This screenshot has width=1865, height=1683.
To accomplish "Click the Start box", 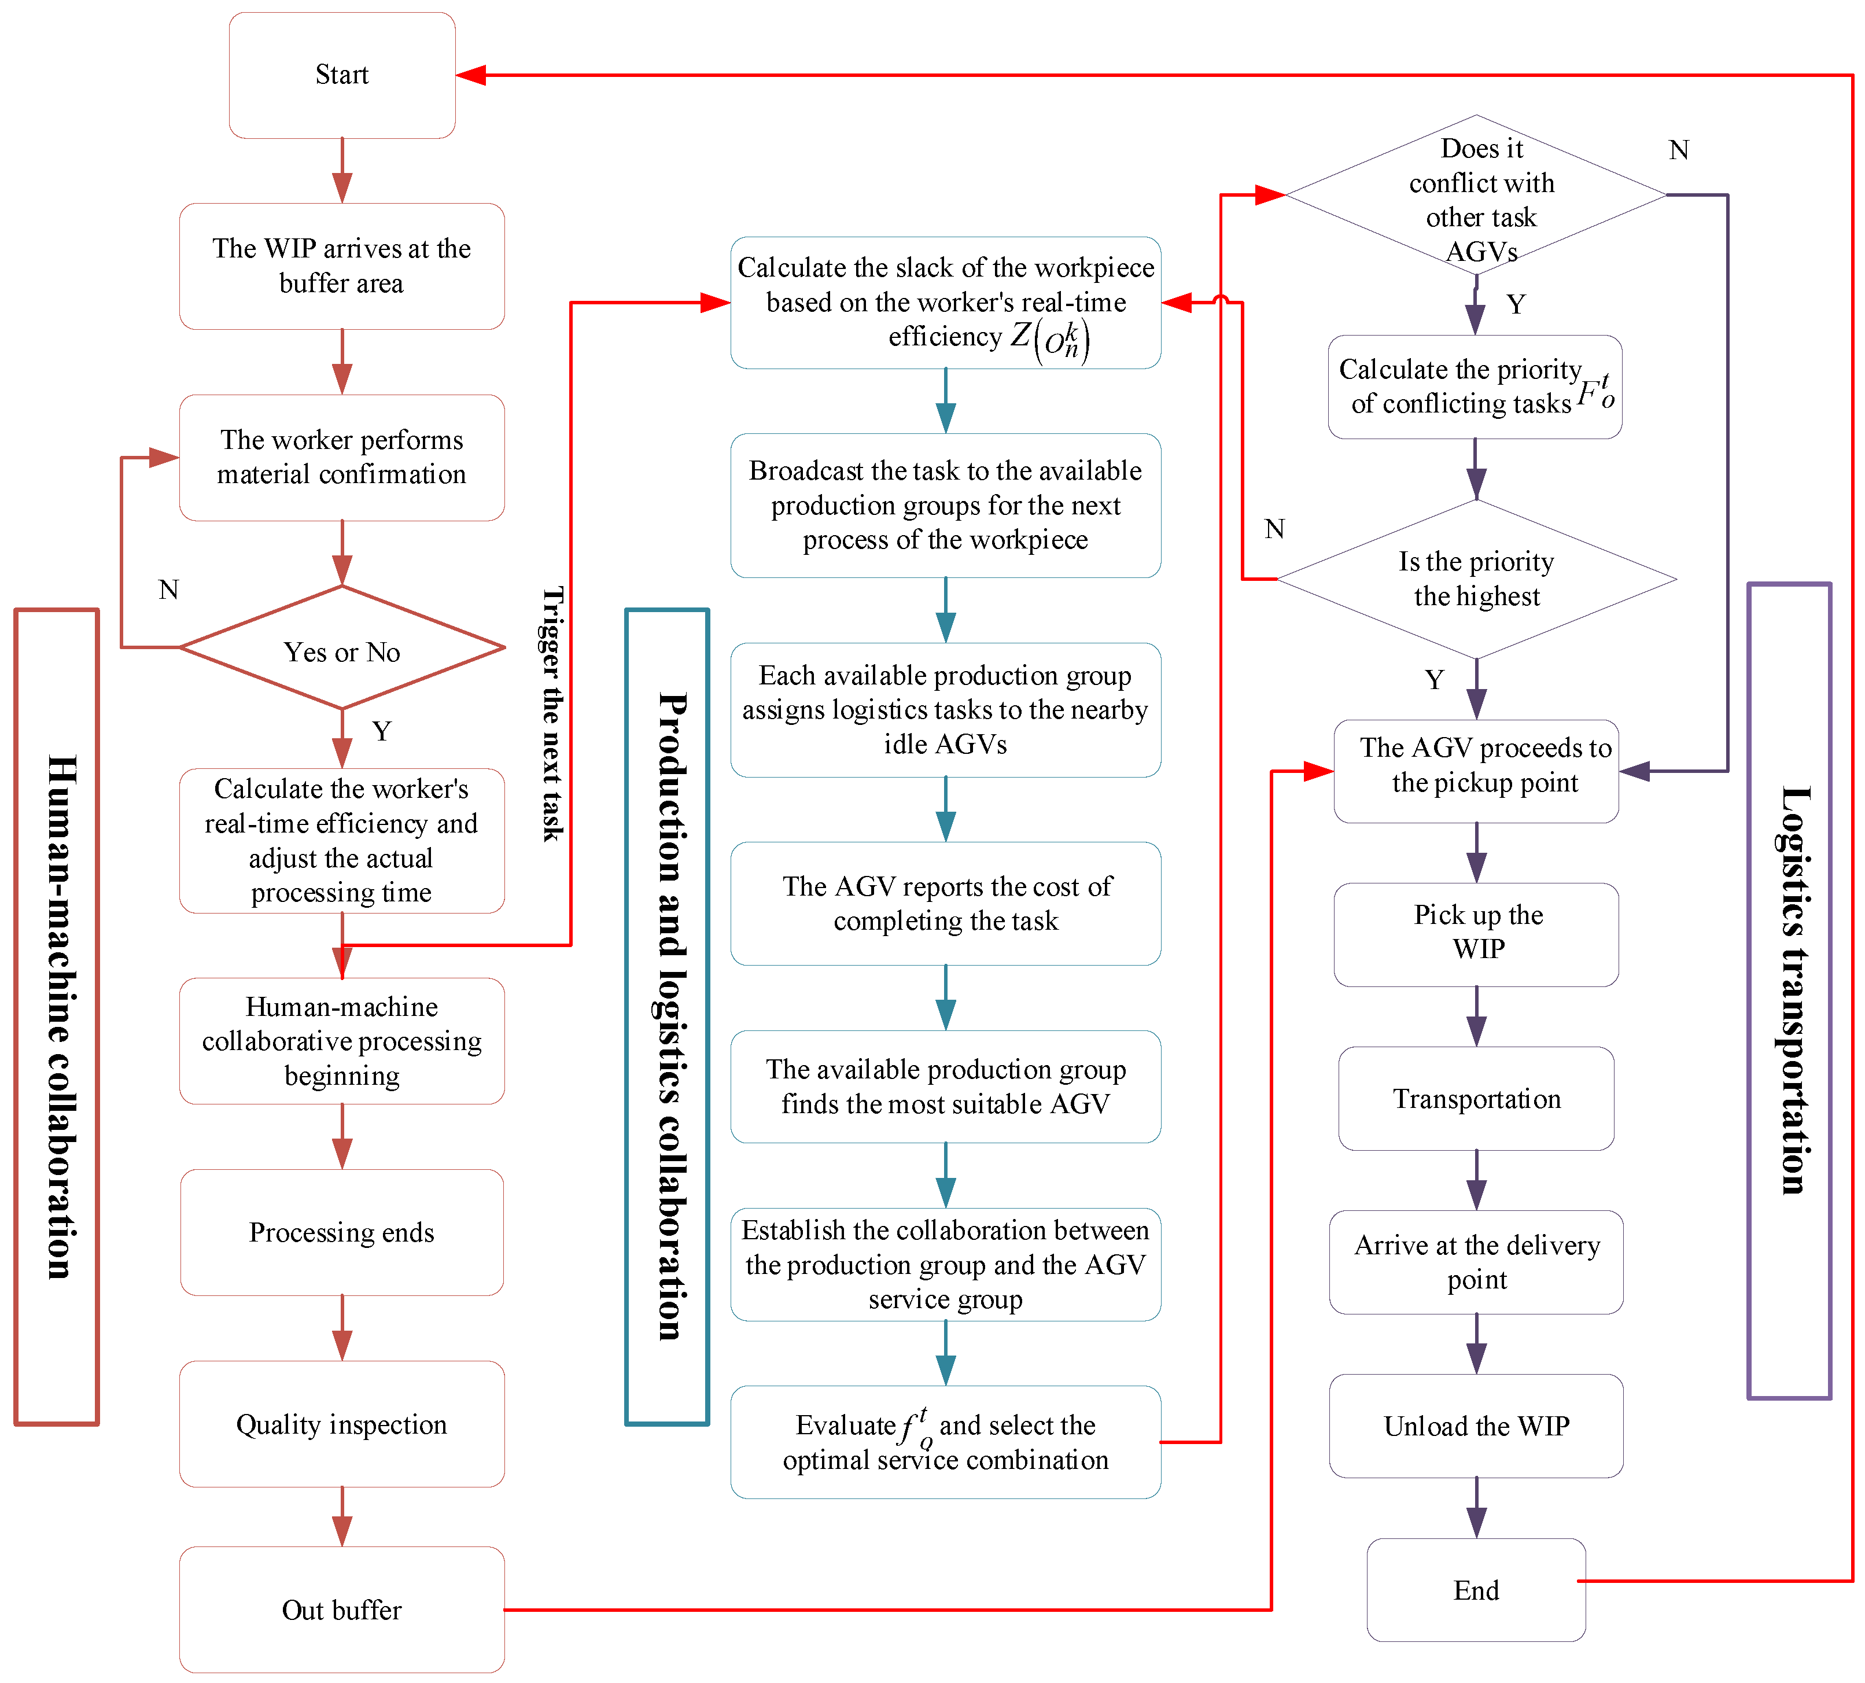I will pos(341,75).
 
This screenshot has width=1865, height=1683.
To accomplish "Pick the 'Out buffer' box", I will pos(341,1610).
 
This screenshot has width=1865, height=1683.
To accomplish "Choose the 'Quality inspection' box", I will pos(341,1424).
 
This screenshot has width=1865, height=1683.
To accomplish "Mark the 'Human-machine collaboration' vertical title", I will pos(57,1017).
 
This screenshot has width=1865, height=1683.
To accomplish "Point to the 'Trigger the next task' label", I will pos(552,714).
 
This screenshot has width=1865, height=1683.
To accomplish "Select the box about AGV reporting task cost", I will pos(945,904).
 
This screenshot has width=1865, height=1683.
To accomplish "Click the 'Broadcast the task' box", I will pos(945,505).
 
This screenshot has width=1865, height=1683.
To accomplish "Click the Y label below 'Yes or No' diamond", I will pos(381,731).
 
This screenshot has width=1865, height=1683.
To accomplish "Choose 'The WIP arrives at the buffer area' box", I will pos(341,266).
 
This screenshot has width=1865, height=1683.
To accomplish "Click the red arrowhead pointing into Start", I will pos(471,75).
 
